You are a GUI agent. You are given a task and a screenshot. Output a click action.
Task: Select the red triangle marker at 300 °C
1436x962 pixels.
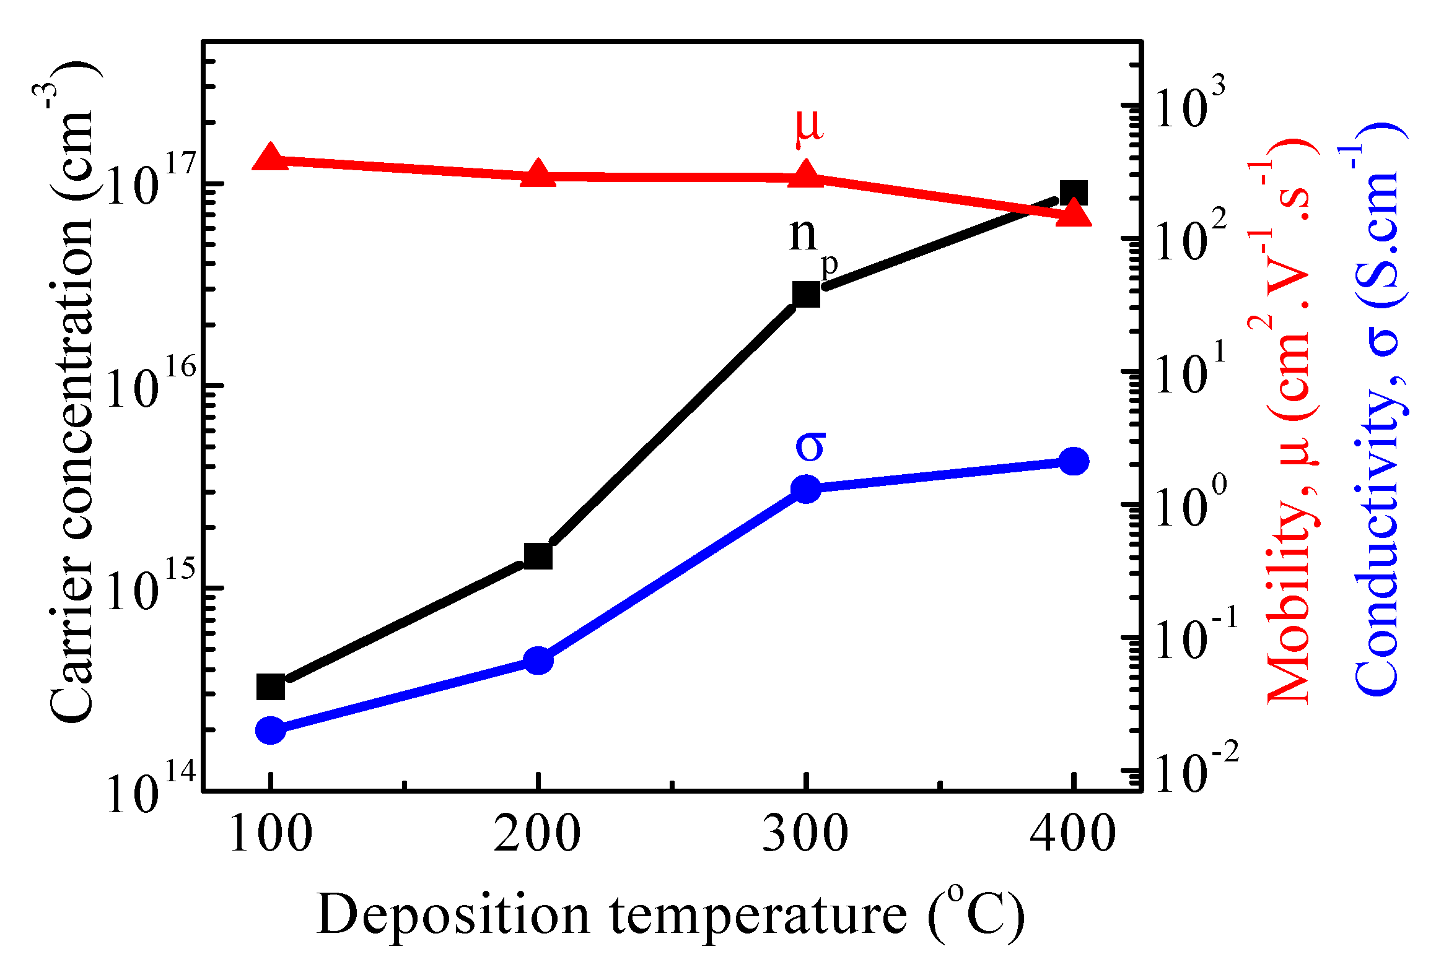tap(806, 174)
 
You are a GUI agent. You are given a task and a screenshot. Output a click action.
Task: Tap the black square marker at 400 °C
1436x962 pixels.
tap(1074, 194)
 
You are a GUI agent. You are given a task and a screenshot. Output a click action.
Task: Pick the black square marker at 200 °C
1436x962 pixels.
tap(538, 556)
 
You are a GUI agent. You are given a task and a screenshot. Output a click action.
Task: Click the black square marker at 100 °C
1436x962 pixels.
tap(271, 687)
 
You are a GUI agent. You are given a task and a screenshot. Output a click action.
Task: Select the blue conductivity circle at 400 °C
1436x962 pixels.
tap(1074, 461)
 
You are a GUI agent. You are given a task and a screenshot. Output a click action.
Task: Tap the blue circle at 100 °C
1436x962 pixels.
tap(271, 730)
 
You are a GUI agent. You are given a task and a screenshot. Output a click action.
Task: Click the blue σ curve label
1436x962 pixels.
tap(810, 446)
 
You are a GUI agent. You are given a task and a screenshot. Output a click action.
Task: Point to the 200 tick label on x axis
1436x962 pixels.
tap(537, 834)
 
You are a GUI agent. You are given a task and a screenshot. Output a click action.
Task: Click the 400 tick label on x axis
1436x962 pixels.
tap(1072, 834)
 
